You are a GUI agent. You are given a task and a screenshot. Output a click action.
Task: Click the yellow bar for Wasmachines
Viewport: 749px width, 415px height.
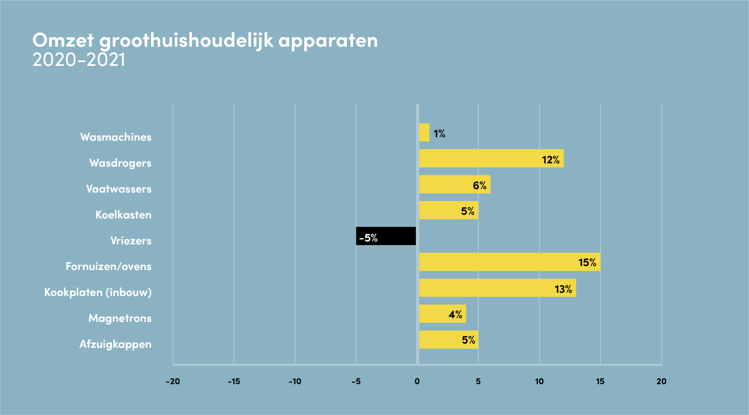(424, 132)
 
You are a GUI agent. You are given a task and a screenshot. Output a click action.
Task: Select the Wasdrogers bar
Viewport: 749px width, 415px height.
(492, 158)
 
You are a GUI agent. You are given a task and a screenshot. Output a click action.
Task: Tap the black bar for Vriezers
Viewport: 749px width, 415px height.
(386, 236)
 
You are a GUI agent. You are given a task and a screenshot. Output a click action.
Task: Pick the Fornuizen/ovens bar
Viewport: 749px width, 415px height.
(510, 262)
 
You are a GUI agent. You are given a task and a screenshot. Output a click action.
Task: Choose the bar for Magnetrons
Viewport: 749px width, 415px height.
(443, 314)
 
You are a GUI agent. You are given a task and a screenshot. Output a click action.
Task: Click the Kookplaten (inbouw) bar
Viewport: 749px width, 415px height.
(498, 288)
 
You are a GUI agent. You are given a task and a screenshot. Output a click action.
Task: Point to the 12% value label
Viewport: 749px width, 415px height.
(551, 160)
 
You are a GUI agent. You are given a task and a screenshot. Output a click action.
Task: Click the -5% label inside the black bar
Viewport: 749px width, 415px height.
(368, 238)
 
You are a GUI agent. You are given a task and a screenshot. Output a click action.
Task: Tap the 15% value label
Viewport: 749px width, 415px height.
(587, 262)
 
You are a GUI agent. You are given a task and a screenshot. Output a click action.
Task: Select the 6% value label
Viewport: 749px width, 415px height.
(480, 185)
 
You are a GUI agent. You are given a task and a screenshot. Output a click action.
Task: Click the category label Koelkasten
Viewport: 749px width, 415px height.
(123, 215)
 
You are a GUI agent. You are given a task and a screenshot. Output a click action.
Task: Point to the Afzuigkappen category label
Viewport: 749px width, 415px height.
(116, 344)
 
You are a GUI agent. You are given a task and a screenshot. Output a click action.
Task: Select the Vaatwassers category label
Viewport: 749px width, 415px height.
(119, 189)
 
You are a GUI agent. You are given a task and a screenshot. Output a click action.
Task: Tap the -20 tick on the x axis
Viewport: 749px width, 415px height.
(173, 381)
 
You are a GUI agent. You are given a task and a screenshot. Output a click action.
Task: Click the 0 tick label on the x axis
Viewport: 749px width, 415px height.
(417, 381)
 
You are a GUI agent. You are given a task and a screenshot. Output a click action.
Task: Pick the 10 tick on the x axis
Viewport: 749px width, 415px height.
(539, 381)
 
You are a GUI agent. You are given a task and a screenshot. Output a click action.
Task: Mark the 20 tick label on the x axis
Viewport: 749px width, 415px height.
(662, 381)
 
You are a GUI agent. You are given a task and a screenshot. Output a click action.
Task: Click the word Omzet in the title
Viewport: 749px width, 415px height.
(63, 40)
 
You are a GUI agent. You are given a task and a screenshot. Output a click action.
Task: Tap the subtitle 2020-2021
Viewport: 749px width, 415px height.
(79, 60)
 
